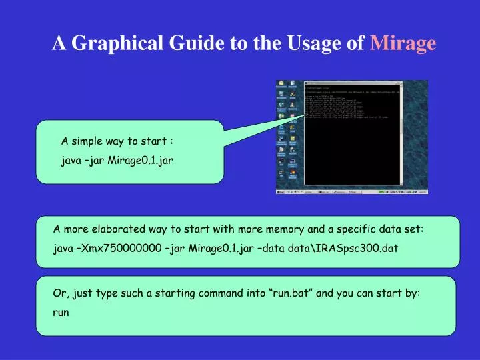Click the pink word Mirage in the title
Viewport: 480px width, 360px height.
point(403,43)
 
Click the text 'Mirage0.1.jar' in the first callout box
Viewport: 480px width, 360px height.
point(141,161)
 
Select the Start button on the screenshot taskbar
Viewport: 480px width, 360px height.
point(281,192)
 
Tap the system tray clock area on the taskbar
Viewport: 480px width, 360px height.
point(418,192)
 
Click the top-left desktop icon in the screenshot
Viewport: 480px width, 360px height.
point(281,85)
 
